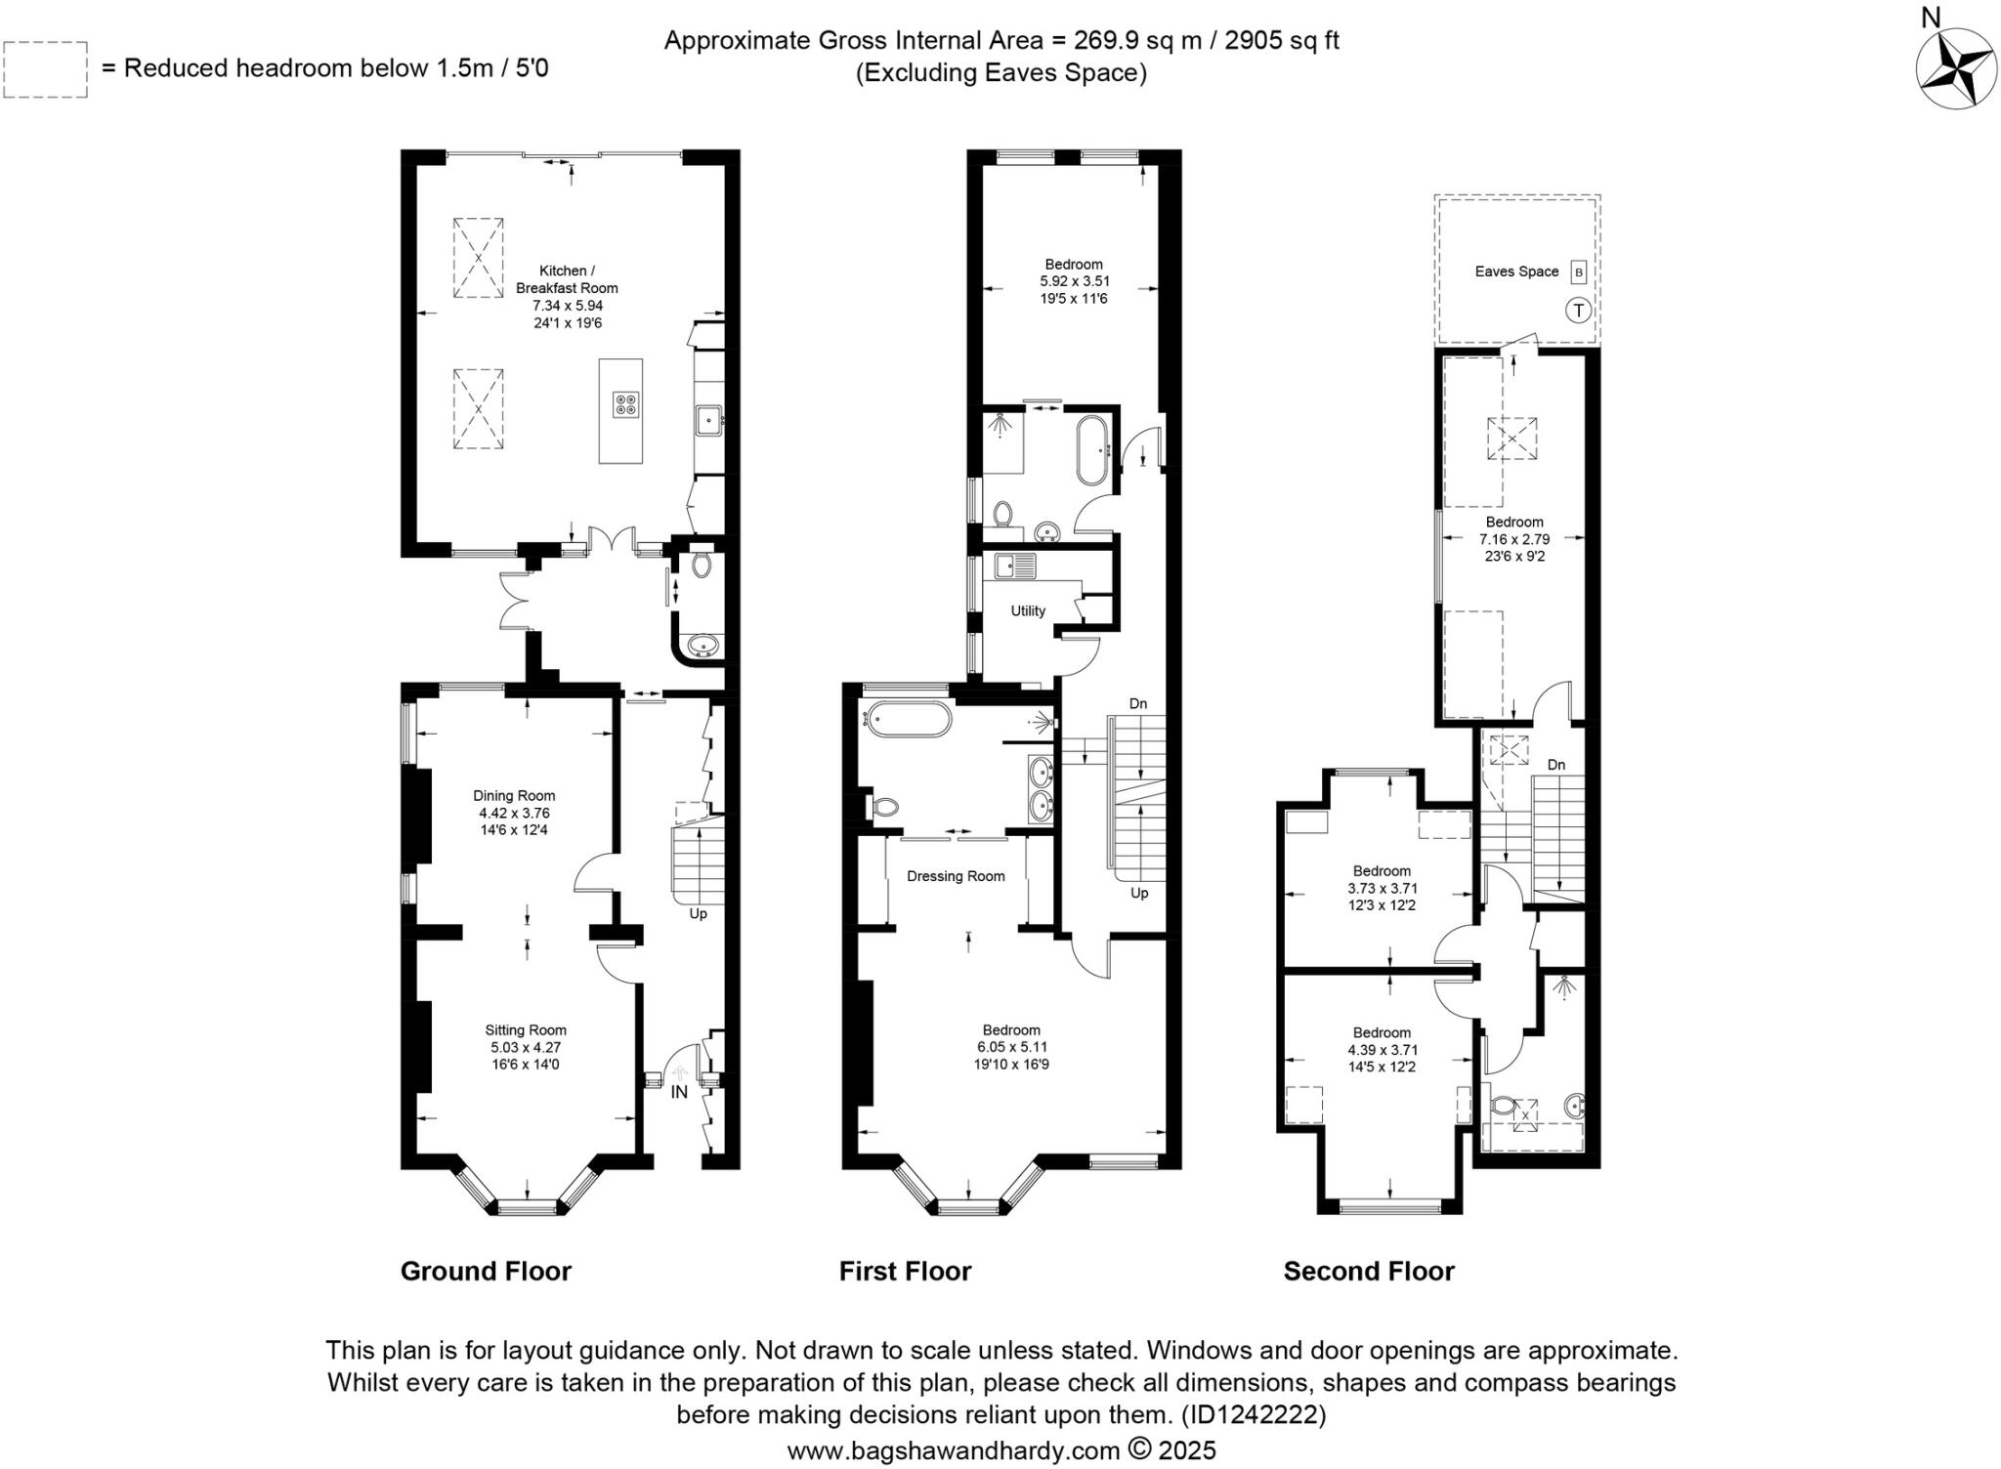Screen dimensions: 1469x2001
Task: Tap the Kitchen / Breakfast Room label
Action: point(567,279)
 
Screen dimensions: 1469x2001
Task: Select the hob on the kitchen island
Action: point(626,404)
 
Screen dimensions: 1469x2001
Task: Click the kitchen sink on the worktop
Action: point(707,422)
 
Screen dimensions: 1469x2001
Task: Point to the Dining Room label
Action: point(514,795)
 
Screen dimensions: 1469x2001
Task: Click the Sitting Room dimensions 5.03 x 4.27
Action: point(526,1047)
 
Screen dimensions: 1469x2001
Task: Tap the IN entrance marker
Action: point(679,1092)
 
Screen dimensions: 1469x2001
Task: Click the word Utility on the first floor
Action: point(1028,610)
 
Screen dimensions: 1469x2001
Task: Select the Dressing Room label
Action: point(956,876)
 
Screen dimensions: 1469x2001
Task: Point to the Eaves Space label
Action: point(1516,272)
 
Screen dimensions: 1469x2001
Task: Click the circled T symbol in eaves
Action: point(1578,311)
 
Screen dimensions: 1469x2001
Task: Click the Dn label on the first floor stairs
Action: point(1138,703)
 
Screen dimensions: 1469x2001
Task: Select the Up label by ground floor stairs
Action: point(698,914)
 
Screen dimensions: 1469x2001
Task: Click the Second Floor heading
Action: point(1368,1271)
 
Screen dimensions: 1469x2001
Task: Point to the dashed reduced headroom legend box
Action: point(45,69)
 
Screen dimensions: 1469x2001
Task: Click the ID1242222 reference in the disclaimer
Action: point(1254,1414)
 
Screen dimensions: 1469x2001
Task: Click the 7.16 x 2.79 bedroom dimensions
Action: point(1513,539)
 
